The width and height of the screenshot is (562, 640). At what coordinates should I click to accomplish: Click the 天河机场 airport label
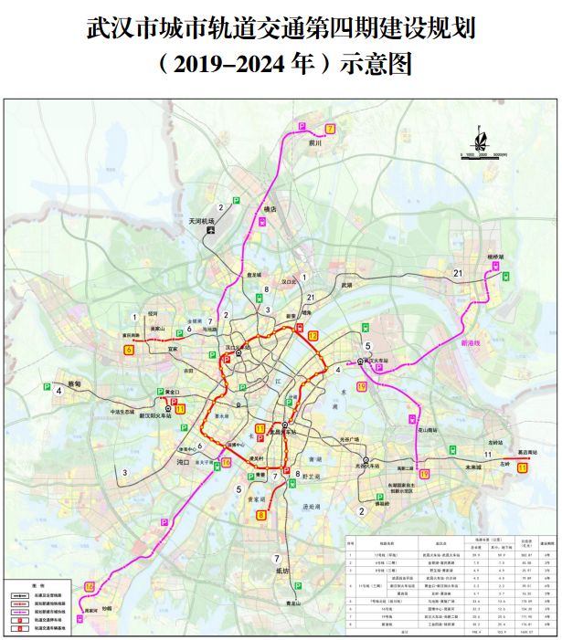pyautogui.click(x=200, y=220)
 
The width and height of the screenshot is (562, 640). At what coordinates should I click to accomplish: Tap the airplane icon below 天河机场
pyautogui.click(x=211, y=230)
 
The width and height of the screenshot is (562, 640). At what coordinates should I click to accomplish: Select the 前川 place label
pyautogui.click(x=316, y=142)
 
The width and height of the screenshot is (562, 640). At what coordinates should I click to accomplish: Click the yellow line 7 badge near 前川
pyautogui.click(x=330, y=129)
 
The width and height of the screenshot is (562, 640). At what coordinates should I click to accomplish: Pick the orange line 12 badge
pyautogui.click(x=313, y=336)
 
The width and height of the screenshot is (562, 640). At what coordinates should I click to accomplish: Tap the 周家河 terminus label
pyautogui.click(x=90, y=611)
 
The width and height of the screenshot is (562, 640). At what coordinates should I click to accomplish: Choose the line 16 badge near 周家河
pyautogui.click(x=89, y=586)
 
